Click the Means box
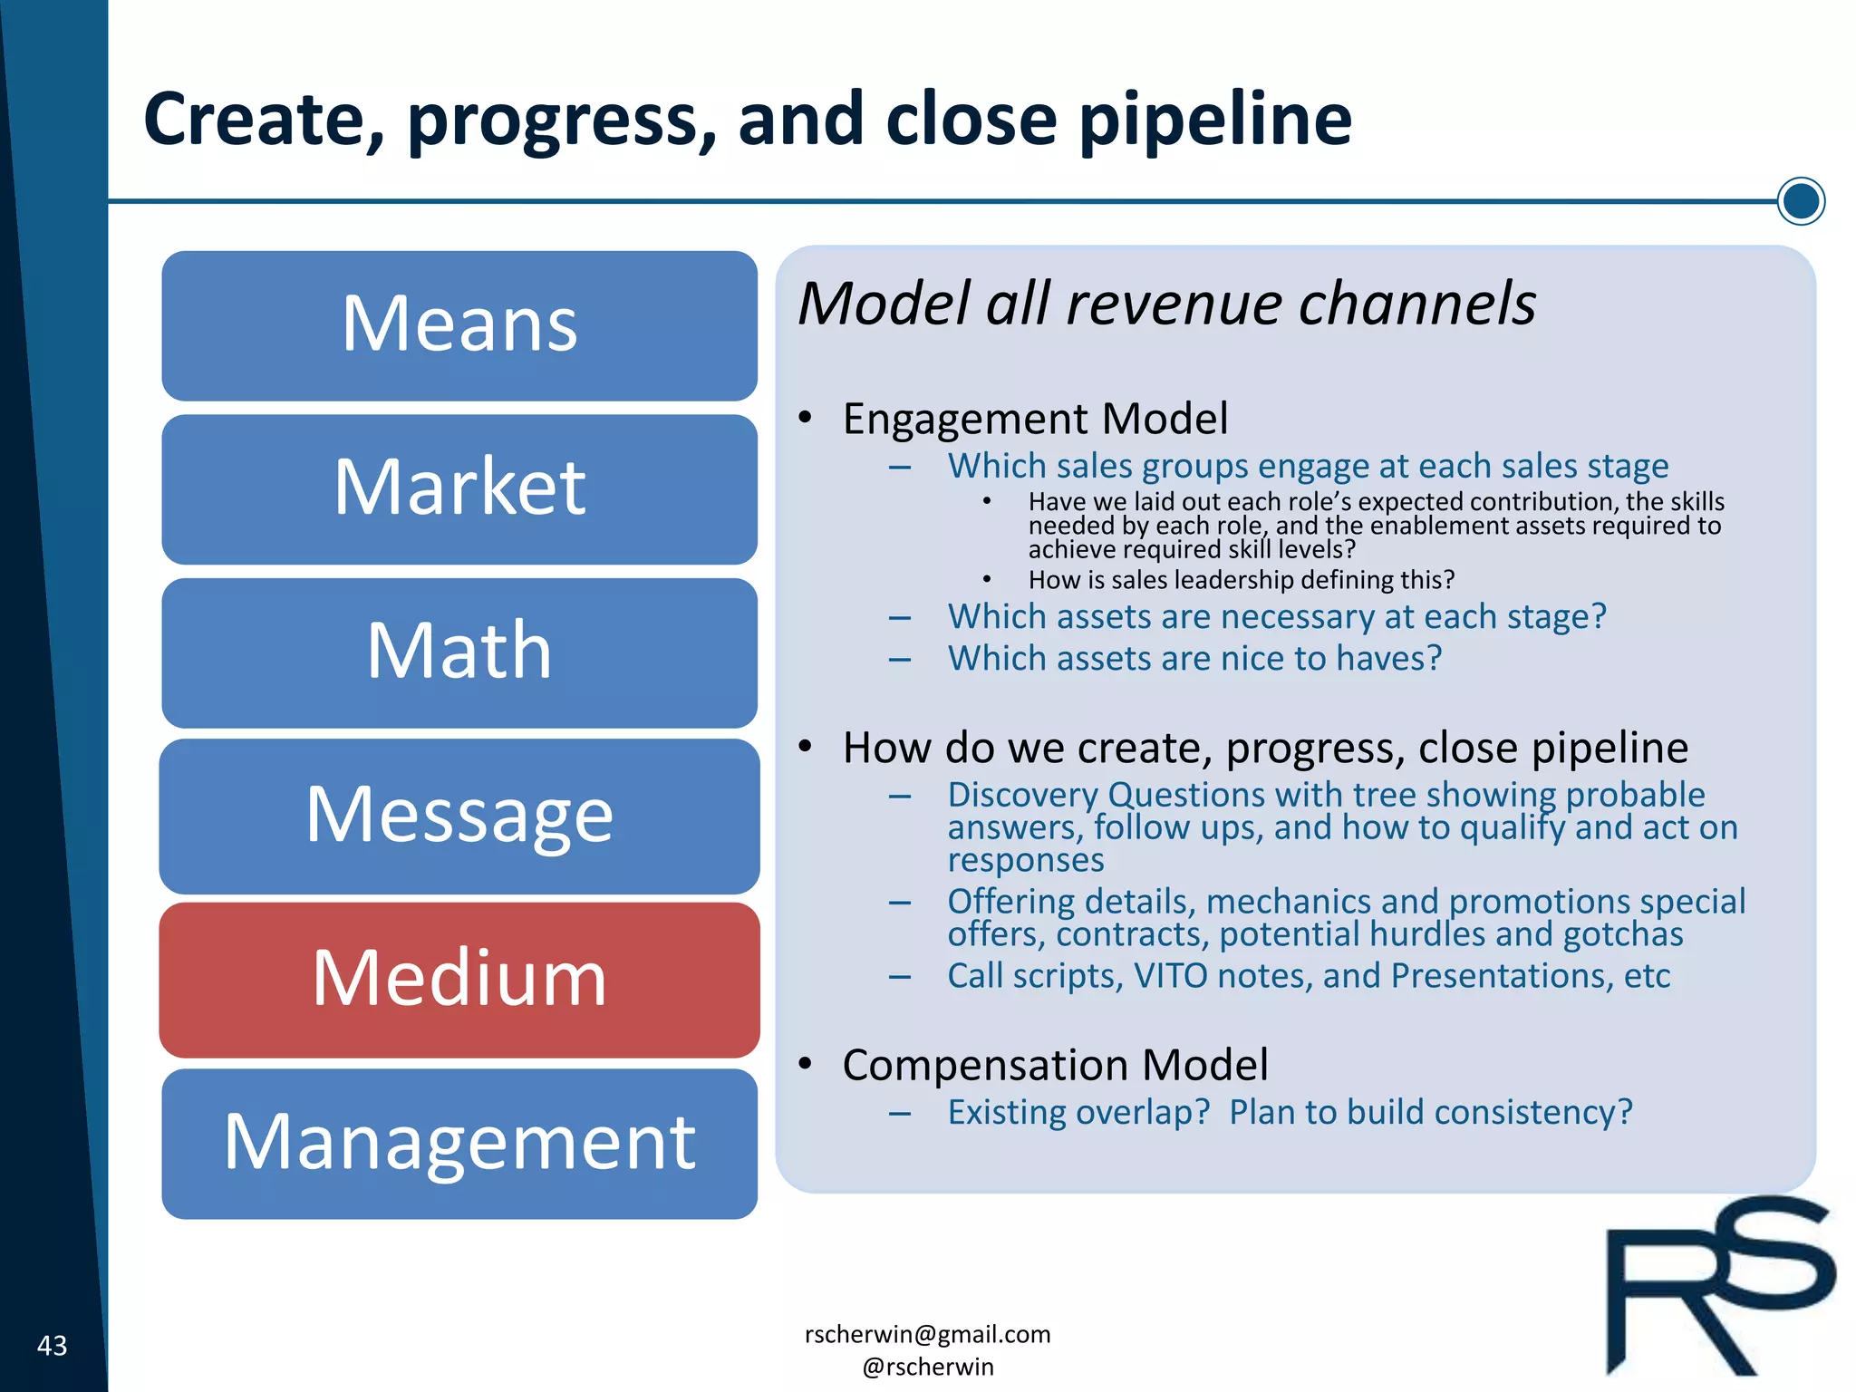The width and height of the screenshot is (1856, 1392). (459, 325)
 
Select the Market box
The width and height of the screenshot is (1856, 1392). (459, 488)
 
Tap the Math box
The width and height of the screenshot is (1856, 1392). (459, 652)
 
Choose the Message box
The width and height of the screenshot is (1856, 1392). (459, 816)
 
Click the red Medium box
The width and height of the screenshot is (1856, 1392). (459, 979)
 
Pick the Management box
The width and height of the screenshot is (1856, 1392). (459, 1143)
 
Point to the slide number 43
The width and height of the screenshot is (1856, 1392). (52, 1346)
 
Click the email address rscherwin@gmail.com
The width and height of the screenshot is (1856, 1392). (927, 1334)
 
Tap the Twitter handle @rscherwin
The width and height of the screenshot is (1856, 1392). (927, 1367)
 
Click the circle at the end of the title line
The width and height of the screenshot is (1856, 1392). (1801, 201)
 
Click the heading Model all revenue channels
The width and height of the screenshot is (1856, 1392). (1166, 304)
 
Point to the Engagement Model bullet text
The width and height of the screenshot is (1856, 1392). (1035, 419)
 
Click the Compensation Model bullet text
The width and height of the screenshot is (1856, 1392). (1055, 1065)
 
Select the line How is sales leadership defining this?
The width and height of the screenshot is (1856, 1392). (1241, 580)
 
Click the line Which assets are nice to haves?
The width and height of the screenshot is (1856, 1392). (1194, 659)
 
